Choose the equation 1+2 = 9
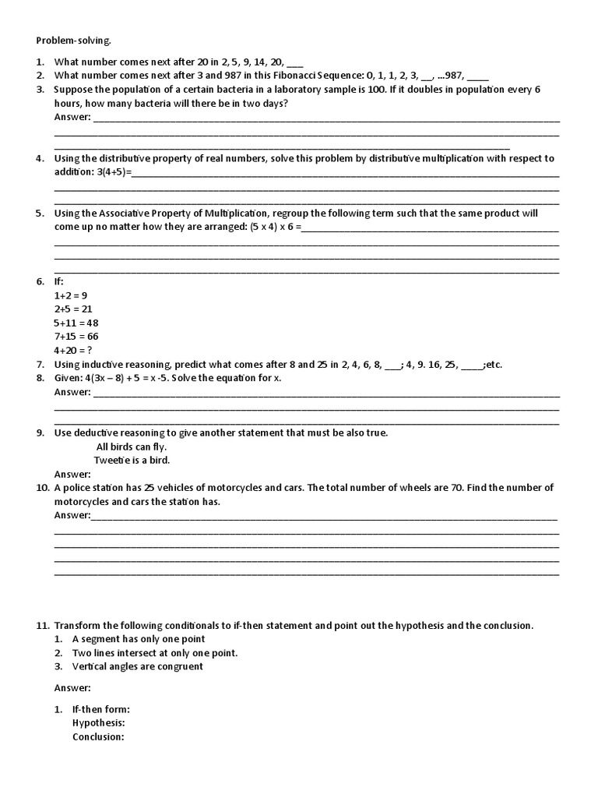point(70,295)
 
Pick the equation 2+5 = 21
point(73,309)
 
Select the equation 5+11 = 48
point(76,323)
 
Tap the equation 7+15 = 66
point(76,337)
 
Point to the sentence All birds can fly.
point(132,447)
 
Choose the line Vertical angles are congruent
point(138,666)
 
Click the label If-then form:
point(101,709)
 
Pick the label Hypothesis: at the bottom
point(98,723)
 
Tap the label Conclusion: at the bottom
point(98,736)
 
